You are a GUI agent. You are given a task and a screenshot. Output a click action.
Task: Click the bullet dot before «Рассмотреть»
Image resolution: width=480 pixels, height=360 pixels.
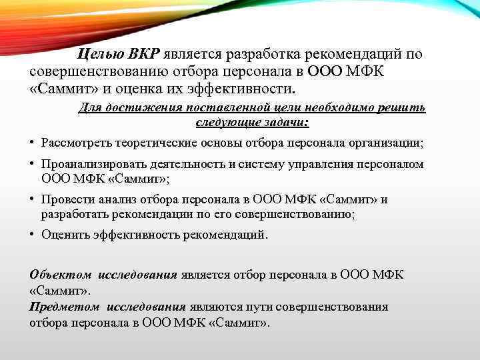pos(32,143)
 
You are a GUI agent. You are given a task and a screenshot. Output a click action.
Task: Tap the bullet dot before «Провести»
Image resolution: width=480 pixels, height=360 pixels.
pos(32,199)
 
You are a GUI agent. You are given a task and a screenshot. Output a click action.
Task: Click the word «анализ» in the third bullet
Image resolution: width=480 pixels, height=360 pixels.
pos(114,199)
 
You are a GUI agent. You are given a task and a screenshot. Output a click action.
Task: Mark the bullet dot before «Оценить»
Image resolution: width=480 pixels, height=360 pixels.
pos(32,235)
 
